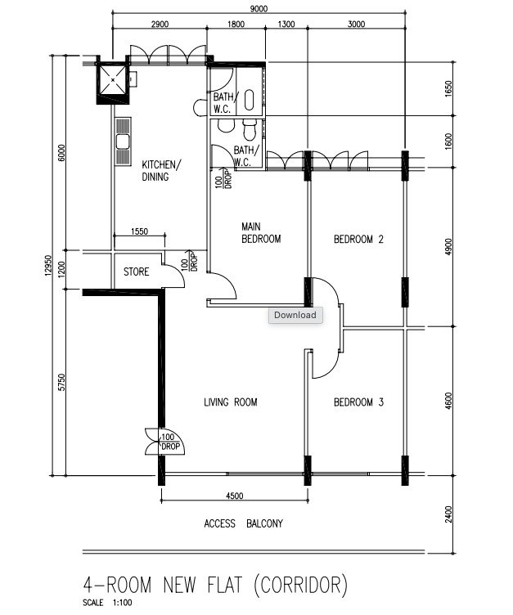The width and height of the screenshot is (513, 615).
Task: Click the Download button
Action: click(295, 316)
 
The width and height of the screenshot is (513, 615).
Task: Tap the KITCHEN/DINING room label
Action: click(161, 171)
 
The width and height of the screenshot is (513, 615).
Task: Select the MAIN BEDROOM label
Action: click(261, 232)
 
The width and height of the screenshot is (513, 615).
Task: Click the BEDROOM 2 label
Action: click(358, 239)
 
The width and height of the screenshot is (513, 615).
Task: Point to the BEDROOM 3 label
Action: click(358, 402)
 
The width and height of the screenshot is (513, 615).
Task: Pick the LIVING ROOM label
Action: click(231, 402)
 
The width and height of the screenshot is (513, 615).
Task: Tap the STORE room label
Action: click(136, 272)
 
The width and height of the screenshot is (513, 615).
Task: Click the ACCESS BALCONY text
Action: click(243, 523)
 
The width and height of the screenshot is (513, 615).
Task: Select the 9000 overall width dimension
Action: click(259, 9)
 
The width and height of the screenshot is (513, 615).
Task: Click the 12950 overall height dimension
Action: click(48, 266)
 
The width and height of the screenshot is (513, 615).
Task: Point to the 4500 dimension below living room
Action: click(234, 496)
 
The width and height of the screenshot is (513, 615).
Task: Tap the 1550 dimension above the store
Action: click(139, 231)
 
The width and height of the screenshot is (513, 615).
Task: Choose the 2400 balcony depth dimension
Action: click(448, 514)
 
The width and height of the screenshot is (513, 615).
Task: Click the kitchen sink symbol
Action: click(123, 141)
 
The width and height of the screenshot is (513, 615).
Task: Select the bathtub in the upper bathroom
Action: click(250, 100)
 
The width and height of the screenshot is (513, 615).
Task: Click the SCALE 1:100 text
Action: click(107, 603)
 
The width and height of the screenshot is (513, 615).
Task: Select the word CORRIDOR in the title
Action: click(300, 585)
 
